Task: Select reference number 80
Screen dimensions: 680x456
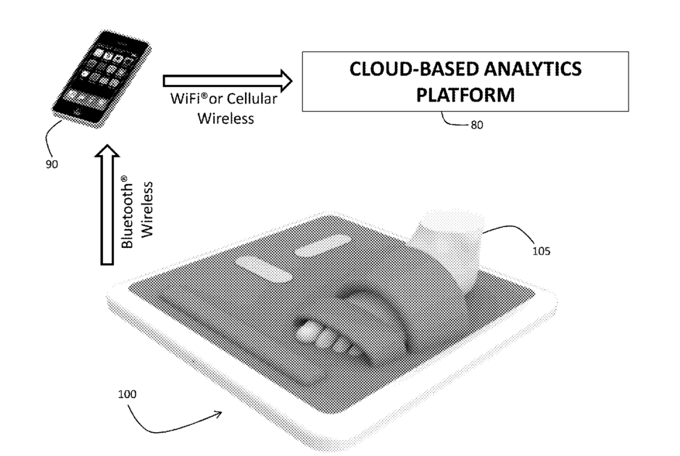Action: (476, 124)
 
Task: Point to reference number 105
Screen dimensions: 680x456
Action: (540, 252)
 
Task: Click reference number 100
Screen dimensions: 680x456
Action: (128, 395)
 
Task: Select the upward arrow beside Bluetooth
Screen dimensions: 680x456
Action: (106, 210)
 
